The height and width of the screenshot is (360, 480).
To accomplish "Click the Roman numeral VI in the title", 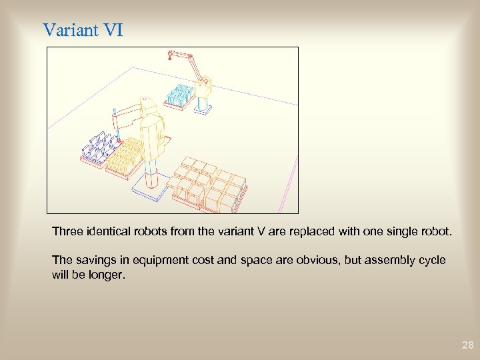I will pyautogui.click(x=115, y=30).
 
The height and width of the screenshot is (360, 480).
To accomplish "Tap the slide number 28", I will pyautogui.click(x=467, y=345).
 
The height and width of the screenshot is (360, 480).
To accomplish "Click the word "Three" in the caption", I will pyautogui.click(x=67, y=232).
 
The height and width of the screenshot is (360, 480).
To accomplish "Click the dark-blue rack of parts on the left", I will pyautogui.click(x=97, y=147).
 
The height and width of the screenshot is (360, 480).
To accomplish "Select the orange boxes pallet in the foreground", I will pyautogui.click(x=207, y=184).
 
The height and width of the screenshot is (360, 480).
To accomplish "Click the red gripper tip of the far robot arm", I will pyautogui.click(x=171, y=54).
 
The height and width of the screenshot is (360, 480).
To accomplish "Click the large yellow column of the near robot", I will pyautogui.click(x=153, y=140).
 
